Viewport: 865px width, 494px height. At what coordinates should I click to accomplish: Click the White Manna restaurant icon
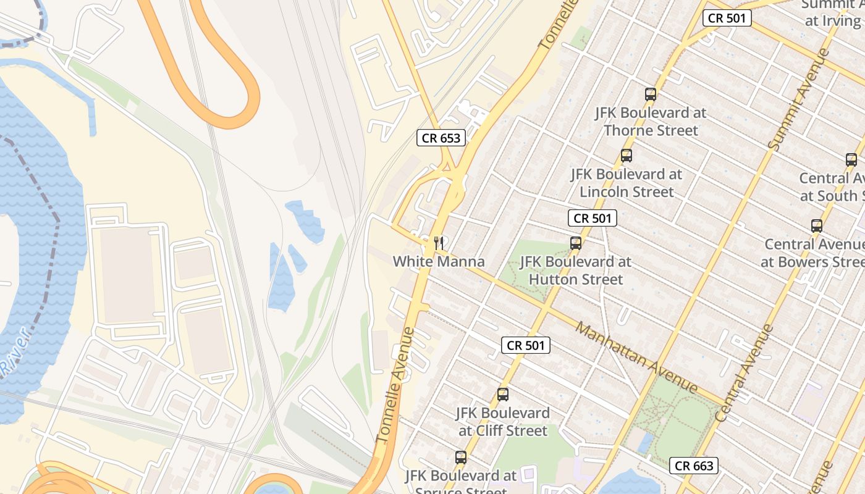439,243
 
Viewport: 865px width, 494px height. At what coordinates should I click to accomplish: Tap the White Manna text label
439,262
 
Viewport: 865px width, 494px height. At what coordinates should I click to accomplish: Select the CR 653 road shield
441,138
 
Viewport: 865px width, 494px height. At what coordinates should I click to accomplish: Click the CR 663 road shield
693,466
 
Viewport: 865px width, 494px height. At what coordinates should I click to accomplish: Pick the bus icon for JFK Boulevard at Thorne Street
650,94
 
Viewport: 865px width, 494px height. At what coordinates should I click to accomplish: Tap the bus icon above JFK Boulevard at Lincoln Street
626,156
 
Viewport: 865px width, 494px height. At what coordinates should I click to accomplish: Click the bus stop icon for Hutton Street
576,243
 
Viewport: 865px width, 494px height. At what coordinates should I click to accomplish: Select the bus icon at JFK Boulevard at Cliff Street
503,395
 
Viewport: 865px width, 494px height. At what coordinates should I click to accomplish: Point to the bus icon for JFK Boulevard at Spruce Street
461,458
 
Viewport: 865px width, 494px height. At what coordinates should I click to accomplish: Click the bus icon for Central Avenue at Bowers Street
817,226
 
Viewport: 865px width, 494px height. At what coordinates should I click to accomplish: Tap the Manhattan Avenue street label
636,358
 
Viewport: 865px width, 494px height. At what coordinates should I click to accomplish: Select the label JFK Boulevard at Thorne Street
650,122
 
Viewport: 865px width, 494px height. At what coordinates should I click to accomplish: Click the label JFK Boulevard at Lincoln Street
626,183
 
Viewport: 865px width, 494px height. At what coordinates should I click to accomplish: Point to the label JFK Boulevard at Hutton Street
575,270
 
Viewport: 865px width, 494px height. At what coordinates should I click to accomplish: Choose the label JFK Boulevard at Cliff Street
502,422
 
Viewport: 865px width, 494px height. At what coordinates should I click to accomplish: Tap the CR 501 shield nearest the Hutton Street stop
592,218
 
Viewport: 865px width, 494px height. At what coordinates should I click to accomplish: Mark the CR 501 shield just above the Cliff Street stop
525,346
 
